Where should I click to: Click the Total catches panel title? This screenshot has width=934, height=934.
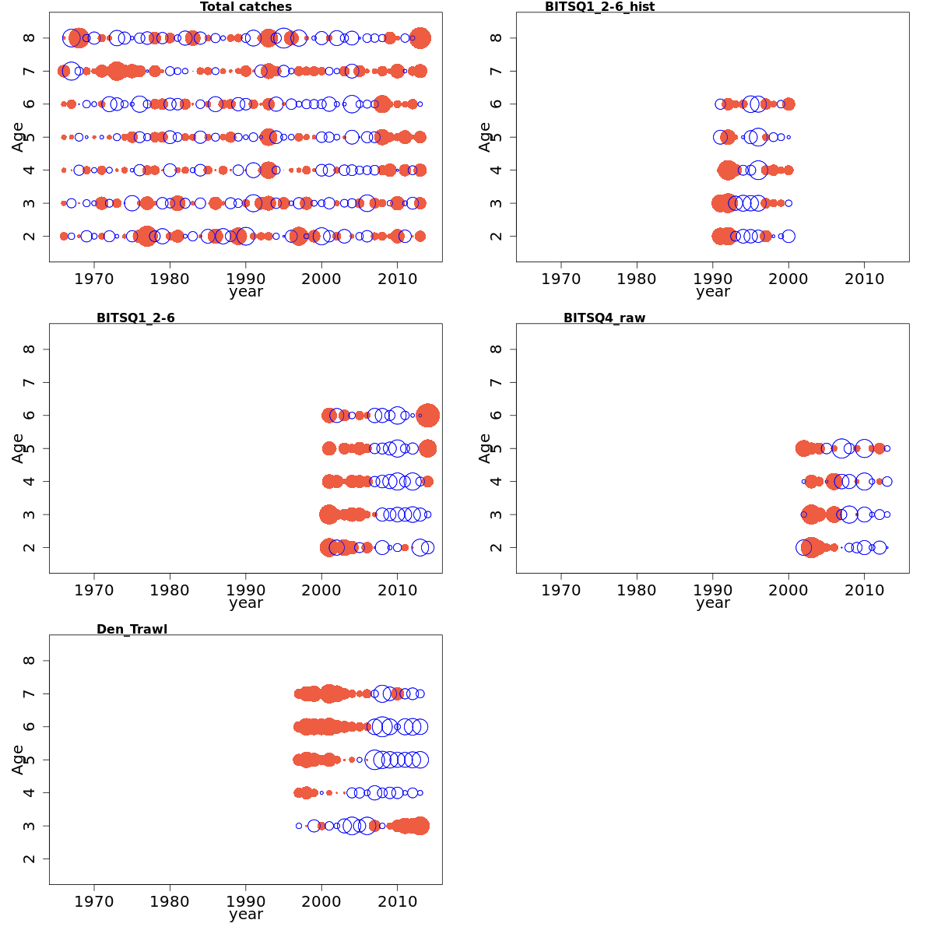pos(246,7)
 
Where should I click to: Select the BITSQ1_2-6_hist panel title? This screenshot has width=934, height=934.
pos(599,7)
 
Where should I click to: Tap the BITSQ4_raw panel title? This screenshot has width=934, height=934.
pos(604,318)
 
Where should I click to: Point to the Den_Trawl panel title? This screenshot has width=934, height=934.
pos(132,630)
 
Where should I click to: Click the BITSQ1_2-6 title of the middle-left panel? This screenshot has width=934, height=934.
pos(135,318)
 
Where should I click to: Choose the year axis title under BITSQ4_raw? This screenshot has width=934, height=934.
pos(713,603)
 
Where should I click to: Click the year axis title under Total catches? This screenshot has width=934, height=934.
pos(246,292)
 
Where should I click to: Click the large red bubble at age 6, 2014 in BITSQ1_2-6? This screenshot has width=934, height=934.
pos(427,416)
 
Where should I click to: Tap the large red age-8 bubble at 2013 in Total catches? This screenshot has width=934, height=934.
pos(420,38)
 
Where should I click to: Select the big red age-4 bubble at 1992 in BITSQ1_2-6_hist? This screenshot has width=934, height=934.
pos(728,170)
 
